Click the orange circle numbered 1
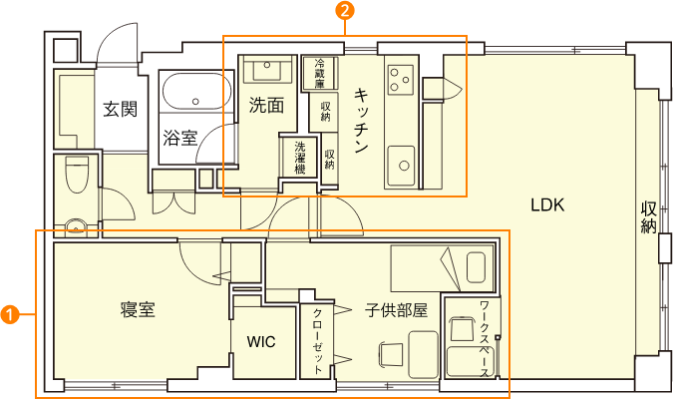coord(10,314)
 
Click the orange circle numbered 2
coord(345,10)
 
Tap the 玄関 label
coord(121,110)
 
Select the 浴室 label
coord(179,138)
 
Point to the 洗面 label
coord(266,105)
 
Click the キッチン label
coord(361,121)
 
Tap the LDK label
coord(547,205)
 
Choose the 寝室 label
coord(138,309)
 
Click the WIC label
coord(261,342)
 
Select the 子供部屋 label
coord(396,309)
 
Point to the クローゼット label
coord(318,341)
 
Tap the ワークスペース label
coord(485,338)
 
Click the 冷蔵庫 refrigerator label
coord(319,74)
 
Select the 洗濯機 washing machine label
coord(300,158)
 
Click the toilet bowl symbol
coord(77,175)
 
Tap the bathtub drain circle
coord(195,102)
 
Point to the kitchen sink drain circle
coord(404,166)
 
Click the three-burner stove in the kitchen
coord(401,80)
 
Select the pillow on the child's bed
coord(476,267)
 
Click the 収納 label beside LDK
coord(648,217)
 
